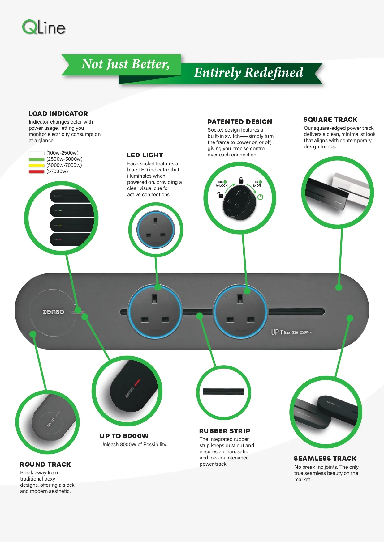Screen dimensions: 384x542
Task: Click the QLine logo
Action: [x=44, y=27]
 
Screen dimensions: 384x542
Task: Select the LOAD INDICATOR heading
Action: [x=58, y=114]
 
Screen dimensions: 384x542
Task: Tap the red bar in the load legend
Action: [x=37, y=171]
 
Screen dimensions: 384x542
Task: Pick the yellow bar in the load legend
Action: [x=37, y=165]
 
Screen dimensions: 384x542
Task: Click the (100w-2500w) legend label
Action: [x=63, y=153]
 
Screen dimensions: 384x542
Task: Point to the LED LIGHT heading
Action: [x=145, y=155]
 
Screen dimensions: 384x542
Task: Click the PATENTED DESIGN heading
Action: [x=240, y=122]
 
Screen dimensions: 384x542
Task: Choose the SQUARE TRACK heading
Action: [x=330, y=120]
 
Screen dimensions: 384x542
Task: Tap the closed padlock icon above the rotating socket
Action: [x=241, y=180]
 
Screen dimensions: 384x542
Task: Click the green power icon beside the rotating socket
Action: [x=260, y=197]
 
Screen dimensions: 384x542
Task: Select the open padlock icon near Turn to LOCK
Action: [x=220, y=195]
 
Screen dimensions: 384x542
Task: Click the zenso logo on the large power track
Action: [x=54, y=312]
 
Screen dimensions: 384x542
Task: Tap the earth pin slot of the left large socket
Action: [x=154, y=299]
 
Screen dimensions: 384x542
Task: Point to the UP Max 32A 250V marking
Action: [x=291, y=332]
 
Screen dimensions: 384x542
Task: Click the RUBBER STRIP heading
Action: [x=225, y=431]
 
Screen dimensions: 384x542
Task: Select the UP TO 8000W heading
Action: [x=124, y=436]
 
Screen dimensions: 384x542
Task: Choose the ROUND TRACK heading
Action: [x=45, y=464]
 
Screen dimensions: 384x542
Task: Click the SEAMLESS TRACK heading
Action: [x=325, y=459]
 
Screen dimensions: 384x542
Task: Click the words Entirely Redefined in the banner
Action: [x=248, y=73]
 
